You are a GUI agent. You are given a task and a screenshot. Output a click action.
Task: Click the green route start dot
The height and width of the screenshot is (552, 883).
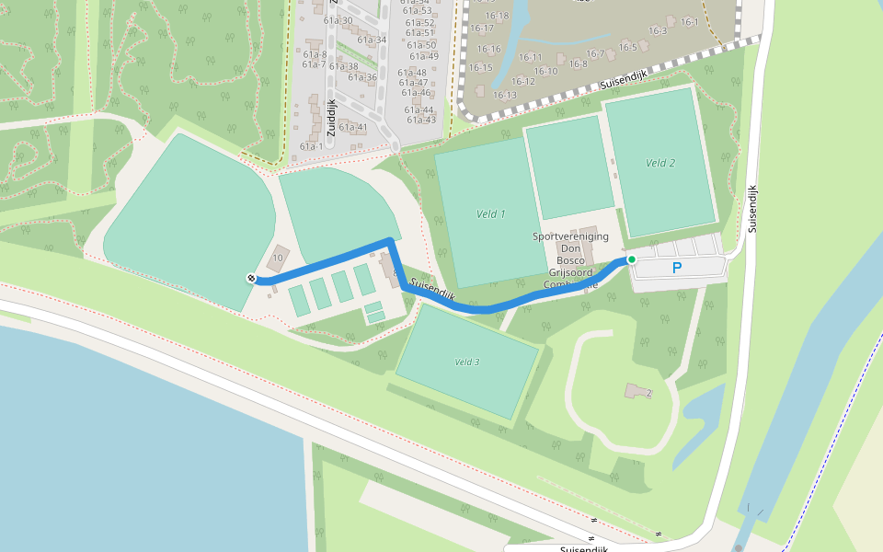[632, 260]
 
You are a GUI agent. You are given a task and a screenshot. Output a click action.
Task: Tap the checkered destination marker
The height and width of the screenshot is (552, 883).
[251, 278]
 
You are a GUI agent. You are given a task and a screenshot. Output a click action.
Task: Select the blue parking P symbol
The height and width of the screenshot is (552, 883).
[677, 269]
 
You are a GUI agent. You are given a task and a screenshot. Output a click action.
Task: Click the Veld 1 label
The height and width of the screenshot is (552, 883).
[491, 214]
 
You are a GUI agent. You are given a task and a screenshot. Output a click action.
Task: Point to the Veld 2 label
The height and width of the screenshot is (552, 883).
[660, 163]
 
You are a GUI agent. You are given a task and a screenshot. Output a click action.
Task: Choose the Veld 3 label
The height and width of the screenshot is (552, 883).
[467, 362]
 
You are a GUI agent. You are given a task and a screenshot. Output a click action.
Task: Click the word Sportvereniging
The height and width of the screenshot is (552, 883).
[570, 236]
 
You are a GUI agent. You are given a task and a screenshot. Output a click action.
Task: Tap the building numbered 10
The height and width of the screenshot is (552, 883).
[278, 258]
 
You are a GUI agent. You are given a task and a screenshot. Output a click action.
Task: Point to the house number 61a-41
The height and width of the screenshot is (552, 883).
[353, 128]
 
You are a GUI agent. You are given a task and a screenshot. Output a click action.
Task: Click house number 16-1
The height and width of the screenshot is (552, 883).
[690, 22]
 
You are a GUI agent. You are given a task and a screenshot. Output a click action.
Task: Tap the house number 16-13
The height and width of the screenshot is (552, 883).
[504, 95]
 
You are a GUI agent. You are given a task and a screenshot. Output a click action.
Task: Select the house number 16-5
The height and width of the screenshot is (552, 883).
[628, 47]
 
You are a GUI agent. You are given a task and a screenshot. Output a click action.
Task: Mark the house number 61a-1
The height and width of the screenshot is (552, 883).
[312, 146]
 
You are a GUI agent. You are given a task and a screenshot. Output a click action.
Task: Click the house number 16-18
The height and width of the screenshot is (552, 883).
[498, 16]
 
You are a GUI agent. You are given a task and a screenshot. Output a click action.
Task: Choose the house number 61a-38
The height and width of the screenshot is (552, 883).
[343, 66]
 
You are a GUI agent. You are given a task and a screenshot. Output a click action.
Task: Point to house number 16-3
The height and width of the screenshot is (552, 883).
[658, 30]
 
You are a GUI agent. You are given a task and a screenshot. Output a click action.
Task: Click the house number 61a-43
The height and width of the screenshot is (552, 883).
[421, 121]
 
